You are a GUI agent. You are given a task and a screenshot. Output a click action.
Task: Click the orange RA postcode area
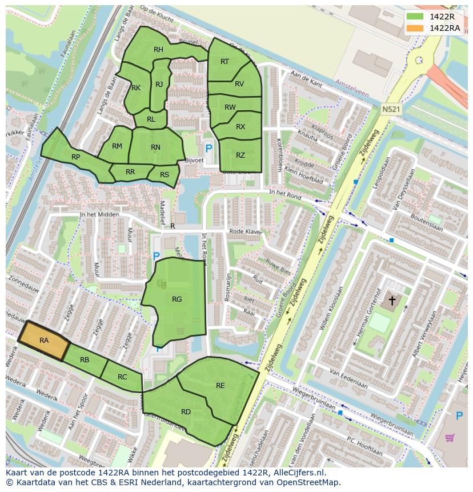coord(44,341)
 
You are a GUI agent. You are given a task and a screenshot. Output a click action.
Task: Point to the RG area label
coord(177,299)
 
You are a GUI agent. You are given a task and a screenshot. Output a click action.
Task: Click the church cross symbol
coord(392,300)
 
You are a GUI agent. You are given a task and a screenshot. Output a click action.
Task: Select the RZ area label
coord(240,155)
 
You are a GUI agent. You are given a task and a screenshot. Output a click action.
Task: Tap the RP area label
coord(75,157)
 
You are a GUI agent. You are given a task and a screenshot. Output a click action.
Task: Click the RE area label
coord(221,386)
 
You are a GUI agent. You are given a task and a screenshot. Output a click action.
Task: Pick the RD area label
coord(186,411)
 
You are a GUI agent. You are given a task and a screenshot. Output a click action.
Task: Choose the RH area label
coord(158,50)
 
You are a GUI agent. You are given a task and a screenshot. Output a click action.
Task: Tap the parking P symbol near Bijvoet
coord(209,148)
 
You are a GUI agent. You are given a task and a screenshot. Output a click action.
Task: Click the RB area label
coord(85,359)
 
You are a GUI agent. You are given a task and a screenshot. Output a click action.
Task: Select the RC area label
coord(122,377)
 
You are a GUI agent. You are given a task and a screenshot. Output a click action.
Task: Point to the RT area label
coord(225,61)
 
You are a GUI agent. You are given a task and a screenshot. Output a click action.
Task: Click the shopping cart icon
coord(450,438)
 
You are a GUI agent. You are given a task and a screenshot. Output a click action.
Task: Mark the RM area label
coord(117,146)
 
